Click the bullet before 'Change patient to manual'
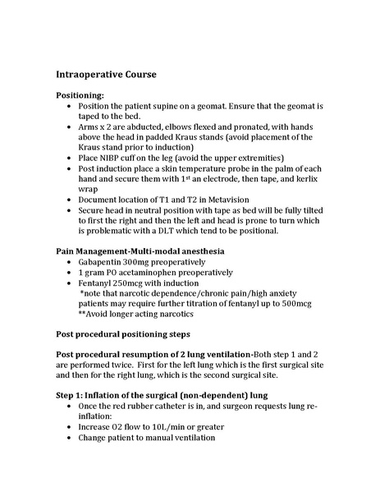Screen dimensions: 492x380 click(66, 437)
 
